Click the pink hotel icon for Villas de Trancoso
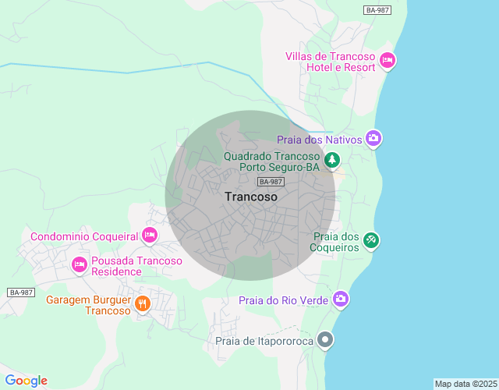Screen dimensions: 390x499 click(388, 59)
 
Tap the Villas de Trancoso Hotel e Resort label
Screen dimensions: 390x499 click(331, 62)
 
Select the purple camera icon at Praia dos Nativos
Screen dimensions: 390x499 click(373, 138)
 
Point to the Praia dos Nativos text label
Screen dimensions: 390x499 click(320, 140)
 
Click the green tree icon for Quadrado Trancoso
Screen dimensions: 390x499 click(333, 160)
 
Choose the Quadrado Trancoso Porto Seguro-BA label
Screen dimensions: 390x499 click(272, 161)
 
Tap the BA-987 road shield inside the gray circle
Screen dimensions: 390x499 click(271, 182)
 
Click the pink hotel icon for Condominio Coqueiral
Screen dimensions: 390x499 click(150, 234)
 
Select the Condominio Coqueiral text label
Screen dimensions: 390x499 click(84, 236)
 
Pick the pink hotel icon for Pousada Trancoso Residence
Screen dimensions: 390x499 click(79, 264)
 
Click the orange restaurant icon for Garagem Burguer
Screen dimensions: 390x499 click(142, 303)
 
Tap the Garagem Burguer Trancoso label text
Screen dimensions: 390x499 click(87, 305)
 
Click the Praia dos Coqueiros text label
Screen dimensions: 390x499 click(335, 242)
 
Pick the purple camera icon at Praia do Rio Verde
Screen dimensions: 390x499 click(341, 298)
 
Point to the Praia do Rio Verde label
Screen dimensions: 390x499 click(284, 300)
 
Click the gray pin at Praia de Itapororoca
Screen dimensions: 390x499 click(327, 339)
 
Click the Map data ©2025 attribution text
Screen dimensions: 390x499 click(465, 384)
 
